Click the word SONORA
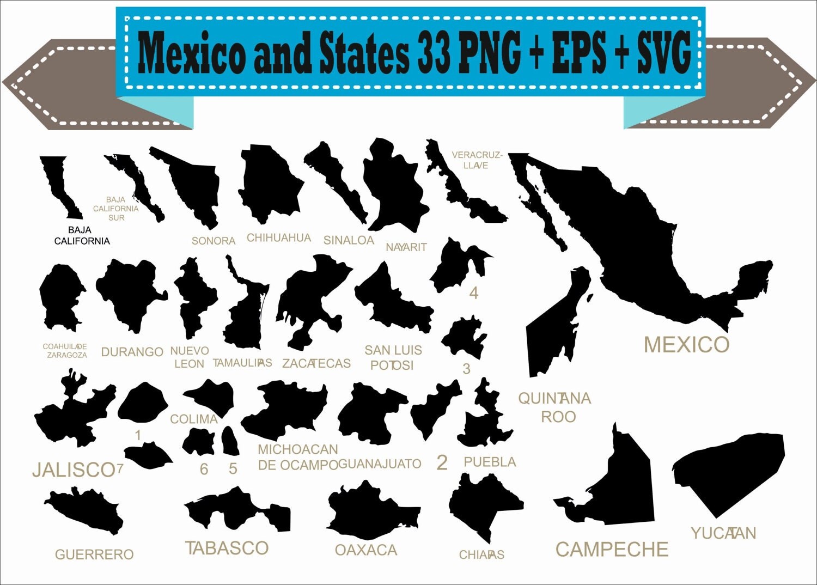(213, 241)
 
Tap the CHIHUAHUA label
(278, 238)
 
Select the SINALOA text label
(349, 240)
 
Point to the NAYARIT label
(406, 247)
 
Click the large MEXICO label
(686, 345)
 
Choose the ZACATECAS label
(316, 363)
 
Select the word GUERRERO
(94, 554)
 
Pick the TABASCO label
(227, 548)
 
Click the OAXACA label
(365, 550)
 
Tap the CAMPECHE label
(612, 550)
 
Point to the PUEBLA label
(490, 462)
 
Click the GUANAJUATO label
(380, 464)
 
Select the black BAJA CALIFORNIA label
(82, 236)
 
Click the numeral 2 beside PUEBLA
(442, 462)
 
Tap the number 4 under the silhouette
(474, 294)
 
